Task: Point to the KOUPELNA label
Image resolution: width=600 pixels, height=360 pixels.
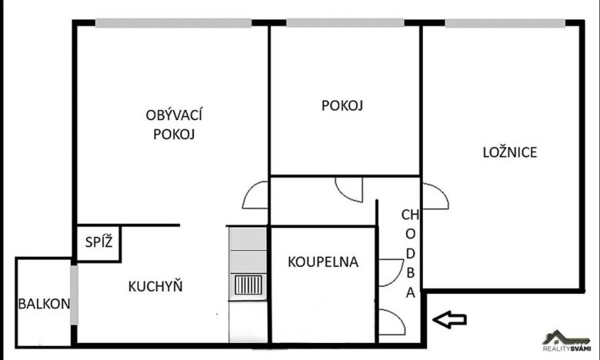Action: coord(323,262)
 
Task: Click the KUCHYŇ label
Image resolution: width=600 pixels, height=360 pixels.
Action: coord(155,287)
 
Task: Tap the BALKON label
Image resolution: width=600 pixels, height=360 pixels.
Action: coord(44,303)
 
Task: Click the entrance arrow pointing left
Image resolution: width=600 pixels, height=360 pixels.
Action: coord(450,318)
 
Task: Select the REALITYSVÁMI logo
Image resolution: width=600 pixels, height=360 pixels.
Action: coord(567,341)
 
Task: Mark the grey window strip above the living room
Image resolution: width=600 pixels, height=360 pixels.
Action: coord(173,23)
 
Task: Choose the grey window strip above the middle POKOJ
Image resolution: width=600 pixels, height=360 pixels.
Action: coord(344,23)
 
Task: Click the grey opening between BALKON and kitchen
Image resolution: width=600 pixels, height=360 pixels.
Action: coord(74,295)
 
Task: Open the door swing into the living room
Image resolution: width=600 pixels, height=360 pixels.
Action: coord(256,195)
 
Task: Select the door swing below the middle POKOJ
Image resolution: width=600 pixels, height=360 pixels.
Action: coord(350,189)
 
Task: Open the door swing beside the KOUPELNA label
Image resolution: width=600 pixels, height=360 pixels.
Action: coord(391,272)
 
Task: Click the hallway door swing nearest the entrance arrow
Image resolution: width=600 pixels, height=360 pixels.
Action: coord(393,322)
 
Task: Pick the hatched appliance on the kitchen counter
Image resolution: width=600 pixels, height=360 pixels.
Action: coord(248,286)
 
